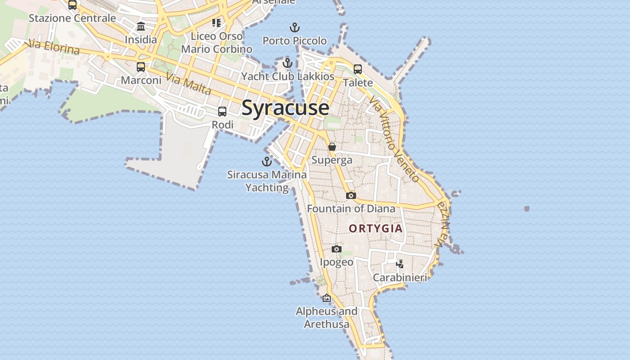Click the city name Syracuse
[285, 108]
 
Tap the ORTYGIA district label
[376, 229]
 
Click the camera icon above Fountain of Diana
[351, 195]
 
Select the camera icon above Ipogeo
[336, 249]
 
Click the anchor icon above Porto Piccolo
[294, 28]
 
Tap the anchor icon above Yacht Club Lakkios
[288, 63]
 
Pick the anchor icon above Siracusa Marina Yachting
[267, 161]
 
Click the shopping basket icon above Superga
[332, 147]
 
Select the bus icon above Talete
[358, 69]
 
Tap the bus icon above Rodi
[222, 111]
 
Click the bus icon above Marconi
[141, 67]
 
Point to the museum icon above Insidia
[141, 26]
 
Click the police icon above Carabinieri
[400, 264]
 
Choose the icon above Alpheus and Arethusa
[327, 298]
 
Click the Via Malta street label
[189, 84]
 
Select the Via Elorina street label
[53, 46]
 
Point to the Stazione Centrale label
[72, 18]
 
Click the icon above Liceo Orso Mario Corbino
[216, 22]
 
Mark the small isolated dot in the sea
[526, 209]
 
